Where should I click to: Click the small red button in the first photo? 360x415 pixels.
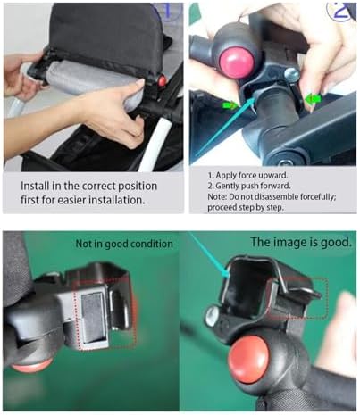click(x=162, y=81)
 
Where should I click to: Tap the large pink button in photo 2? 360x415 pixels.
click(x=237, y=62)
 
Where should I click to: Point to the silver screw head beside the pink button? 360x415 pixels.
click(x=292, y=74)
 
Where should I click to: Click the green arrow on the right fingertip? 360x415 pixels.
click(x=314, y=98)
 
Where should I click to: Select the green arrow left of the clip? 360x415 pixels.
click(x=229, y=104)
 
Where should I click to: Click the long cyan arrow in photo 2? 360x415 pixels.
click(x=225, y=126)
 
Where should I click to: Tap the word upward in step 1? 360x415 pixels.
click(x=273, y=176)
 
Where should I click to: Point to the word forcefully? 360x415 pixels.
click(x=318, y=196)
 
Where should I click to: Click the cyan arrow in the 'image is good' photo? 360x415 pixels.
click(x=209, y=255)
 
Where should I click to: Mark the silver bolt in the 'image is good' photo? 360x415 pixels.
click(x=212, y=315)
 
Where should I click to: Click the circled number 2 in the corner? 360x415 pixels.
click(x=342, y=11)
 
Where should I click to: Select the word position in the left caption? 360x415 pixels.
click(x=138, y=187)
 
